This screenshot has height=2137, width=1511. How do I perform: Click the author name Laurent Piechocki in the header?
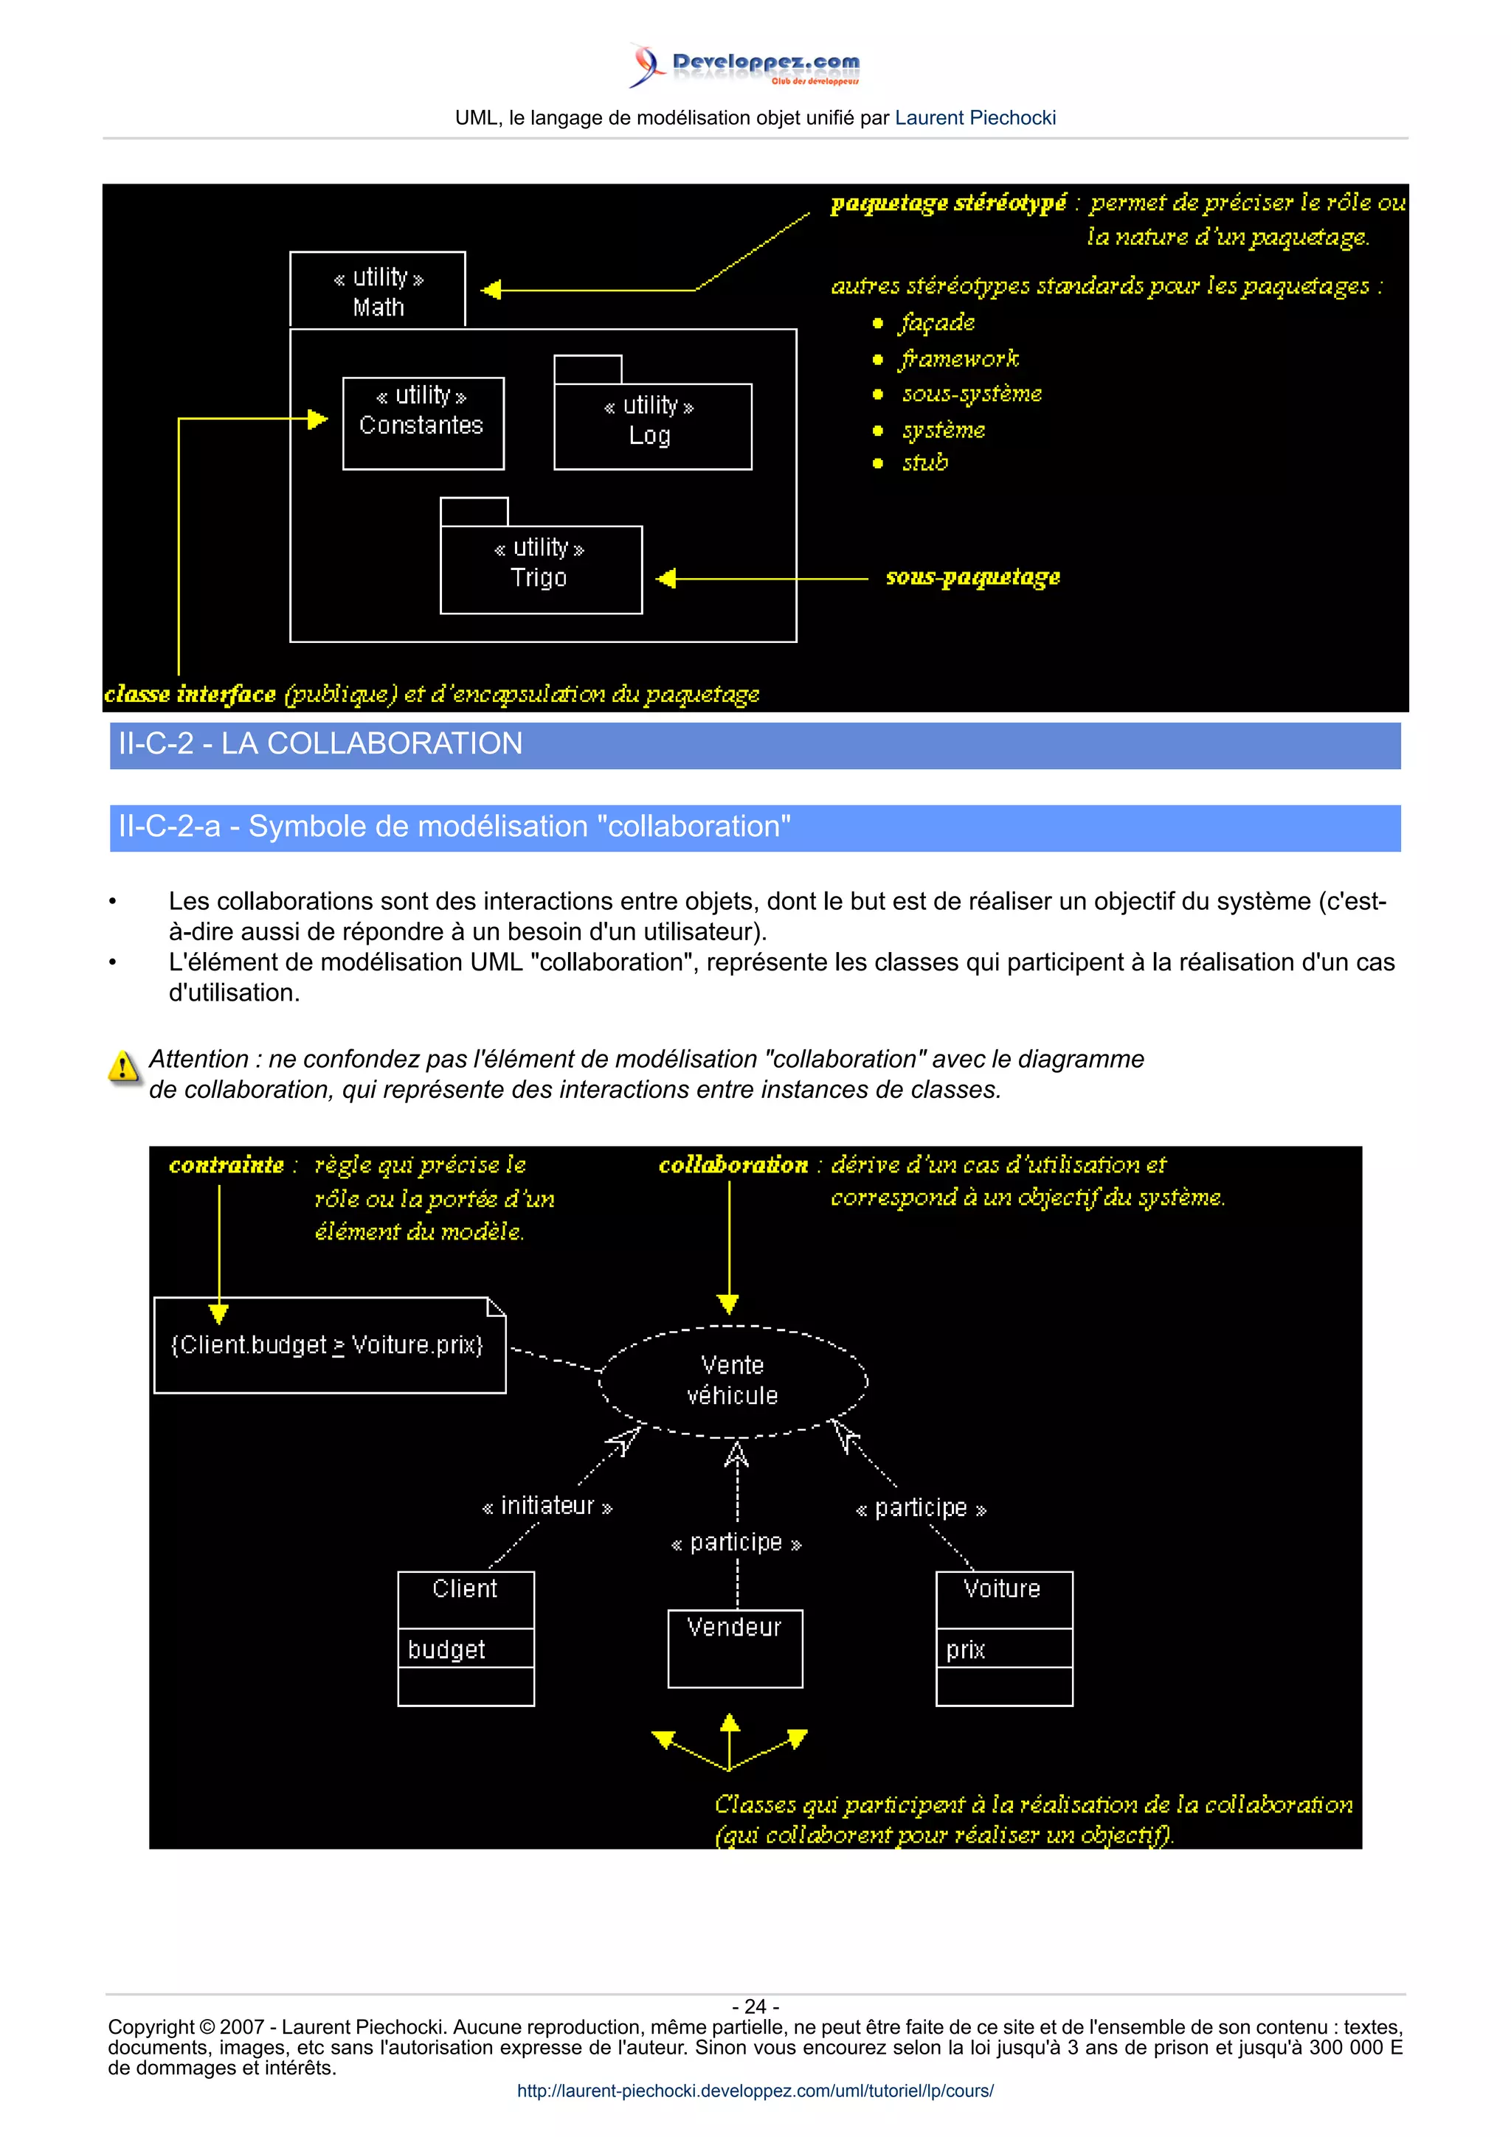pyautogui.click(x=975, y=118)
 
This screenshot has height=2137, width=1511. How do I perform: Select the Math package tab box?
pyautogui.click(x=377, y=291)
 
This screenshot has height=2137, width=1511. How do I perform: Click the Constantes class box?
pyautogui.click(x=423, y=423)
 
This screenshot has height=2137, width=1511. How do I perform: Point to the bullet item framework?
pyautogui.click(x=959, y=359)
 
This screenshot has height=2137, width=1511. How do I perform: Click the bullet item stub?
pyautogui.click(x=924, y=462)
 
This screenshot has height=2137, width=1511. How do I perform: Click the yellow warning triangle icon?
pyautogui.click(x=123, y=1066)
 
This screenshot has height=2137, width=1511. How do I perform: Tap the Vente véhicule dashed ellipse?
pyautogui.click(x=733, y=1380)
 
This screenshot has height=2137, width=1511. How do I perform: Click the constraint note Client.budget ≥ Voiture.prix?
pyautogui.click(x=328, y=1346)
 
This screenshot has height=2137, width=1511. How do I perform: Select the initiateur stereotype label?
pyautogui.click(x=547, y=1506)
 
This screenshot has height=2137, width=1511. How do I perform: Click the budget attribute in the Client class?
pyautogui.click(x=447, y=1650)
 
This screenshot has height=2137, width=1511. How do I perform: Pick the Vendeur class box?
pyautogui.click(x=735, y=1647)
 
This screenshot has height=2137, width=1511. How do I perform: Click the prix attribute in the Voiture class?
pyautogui.click(x=966, y=1650)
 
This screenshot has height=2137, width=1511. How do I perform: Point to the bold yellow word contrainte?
pyautogui.click(x=227, y=1165)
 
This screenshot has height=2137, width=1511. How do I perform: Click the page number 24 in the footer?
pyautogui.click(x=755, y=2006)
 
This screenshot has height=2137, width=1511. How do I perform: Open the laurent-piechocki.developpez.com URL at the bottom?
pyautogui.click(x=755, y=2091)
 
